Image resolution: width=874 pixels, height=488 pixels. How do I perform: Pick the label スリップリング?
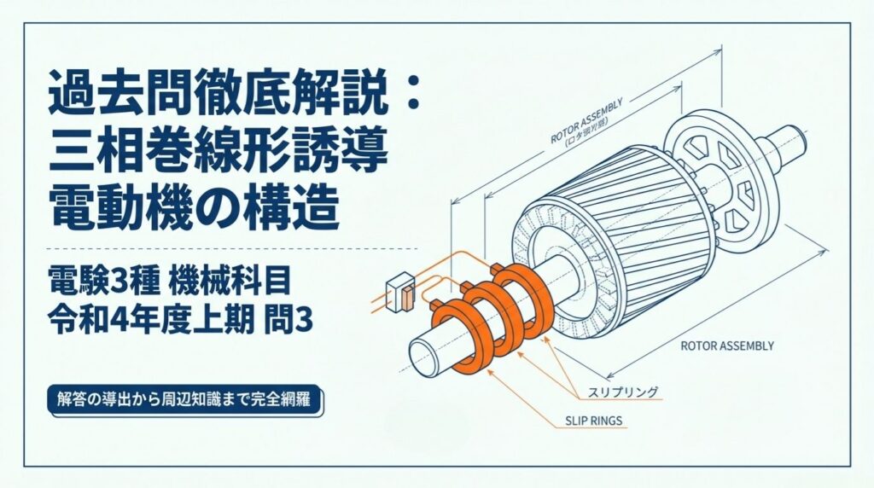[623, 392]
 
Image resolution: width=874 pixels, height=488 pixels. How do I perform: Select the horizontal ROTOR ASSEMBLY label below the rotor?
[727, 346]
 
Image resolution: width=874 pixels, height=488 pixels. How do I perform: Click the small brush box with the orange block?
[400, 292]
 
